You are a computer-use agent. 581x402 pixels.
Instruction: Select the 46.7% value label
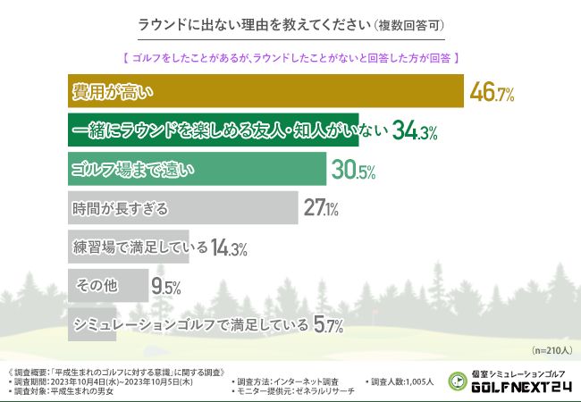tap(492, 93)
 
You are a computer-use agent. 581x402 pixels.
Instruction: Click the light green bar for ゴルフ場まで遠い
tap(197, 169)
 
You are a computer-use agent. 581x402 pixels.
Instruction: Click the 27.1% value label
tap(320, 209)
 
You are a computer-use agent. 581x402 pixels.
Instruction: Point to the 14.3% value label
tap(229, 248)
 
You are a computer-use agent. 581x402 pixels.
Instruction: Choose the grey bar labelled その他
tap(108, 286)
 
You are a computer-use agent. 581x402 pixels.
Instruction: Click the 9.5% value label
tap(166, 287)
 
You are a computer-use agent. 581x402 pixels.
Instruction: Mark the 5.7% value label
tap(329, 326)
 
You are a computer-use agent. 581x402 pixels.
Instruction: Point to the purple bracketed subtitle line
tap(290, 57)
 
